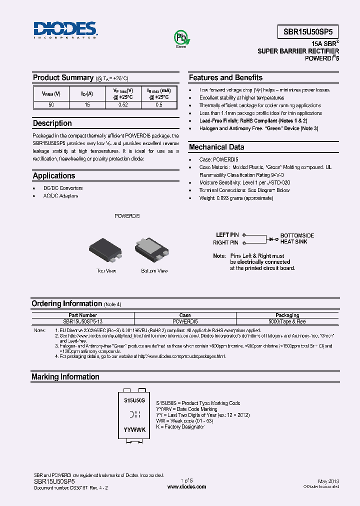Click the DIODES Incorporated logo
tap(65, 30)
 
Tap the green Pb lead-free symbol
tap(180, 38)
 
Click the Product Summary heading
tap(63, 77)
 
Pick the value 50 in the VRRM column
tap(51, 105)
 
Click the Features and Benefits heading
tap(225, 77)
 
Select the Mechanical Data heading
tap(216, 147)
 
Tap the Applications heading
tap(54, 175)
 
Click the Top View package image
tap(105, 250)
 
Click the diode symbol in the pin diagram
tap(273, 239)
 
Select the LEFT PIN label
tap(227, 235)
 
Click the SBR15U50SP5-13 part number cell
tap(83, 321)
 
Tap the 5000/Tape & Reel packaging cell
tap(287, 321)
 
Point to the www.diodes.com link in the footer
tap(186, 485)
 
